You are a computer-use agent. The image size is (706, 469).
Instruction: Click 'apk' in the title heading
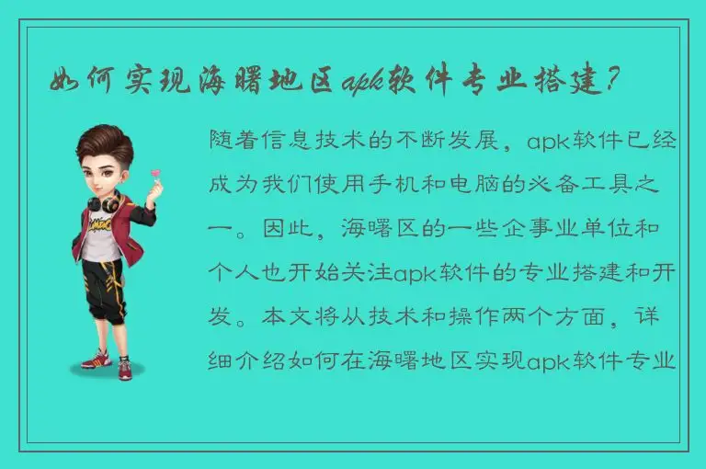pyautogui.click(x=363, y=84)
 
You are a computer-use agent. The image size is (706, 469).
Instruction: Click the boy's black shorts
pyautogui.click(x=103, y=285)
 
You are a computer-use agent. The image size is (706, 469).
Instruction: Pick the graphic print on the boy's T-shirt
pyautogui.click(x=102, y=225)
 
